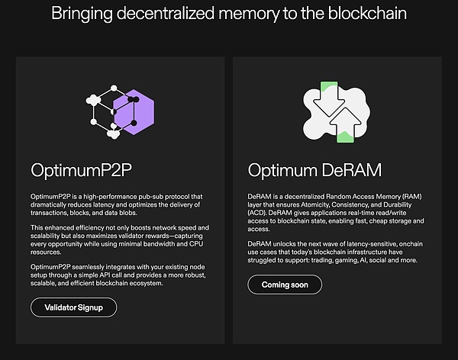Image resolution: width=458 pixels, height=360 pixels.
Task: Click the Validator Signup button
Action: (x=73, y=307)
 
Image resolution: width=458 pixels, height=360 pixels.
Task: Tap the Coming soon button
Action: (x=285, y=284)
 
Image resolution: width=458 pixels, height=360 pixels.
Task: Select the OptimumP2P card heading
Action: (x=81, y=170)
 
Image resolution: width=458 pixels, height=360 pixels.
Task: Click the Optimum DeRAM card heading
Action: (x=314, y=170)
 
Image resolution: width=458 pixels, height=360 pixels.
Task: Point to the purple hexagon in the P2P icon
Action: (x=134, y=112)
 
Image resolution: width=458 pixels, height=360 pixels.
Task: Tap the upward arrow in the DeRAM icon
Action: (x=345, y=125)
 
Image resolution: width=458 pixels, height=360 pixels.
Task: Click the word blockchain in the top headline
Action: (x=367, y=14)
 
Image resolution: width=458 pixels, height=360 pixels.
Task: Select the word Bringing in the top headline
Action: (x=82, y=14)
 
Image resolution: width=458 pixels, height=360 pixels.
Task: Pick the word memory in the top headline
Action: (x=249, y=14)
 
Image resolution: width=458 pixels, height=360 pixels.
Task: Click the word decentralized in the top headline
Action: (x=166, y=14)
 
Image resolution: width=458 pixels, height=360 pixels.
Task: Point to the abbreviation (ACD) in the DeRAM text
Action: (x=257, y=213)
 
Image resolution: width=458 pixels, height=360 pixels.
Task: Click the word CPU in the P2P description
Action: (x=196, y=244)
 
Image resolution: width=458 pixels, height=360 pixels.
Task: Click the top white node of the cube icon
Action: (x=114, y=88)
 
